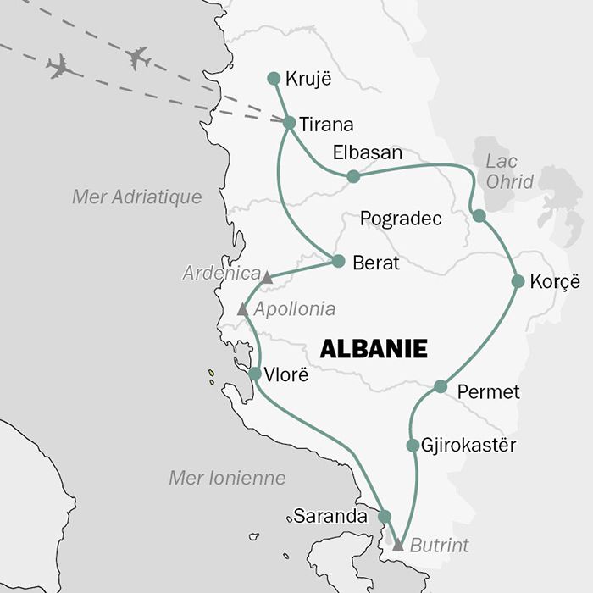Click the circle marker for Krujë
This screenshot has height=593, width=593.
pos(273,79)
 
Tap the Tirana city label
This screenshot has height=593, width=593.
pos(326,125)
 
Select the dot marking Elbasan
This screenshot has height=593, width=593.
pos(353,176)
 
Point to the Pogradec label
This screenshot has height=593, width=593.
pos(401,219)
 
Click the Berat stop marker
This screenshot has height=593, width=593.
pos(338,261)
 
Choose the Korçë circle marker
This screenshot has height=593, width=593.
pos(518,281)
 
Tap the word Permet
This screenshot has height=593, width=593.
pos(488,392)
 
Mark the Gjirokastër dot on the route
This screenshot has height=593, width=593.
pos(413,445)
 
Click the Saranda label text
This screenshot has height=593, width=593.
pos(330,515)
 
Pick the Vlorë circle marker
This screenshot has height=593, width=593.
pos(255,373)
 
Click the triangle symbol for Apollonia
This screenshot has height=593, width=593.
pos(242,310)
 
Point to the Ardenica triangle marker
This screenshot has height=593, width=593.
pos(266,278)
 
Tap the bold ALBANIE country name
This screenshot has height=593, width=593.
pos(373,349)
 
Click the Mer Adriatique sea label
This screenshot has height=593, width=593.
pos(137,197)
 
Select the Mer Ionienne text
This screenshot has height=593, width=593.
pos(227,478)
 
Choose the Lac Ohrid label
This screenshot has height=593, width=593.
pos(510,172)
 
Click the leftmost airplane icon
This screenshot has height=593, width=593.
pos(58,66)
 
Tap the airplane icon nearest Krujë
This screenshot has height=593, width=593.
pos(137,58)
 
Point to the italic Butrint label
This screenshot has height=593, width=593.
pos(439,546)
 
